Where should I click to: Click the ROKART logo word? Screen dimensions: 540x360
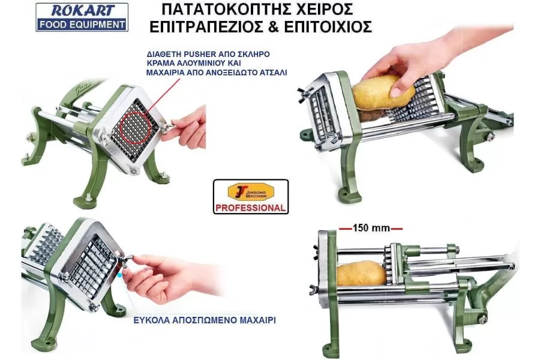pos(82,11)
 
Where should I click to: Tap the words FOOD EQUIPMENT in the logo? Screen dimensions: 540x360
pos(82,25)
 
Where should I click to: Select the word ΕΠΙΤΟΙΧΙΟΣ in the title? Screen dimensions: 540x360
pos(328,27)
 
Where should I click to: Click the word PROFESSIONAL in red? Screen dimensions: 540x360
pos(251,208)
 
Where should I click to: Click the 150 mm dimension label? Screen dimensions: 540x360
pos(371,228)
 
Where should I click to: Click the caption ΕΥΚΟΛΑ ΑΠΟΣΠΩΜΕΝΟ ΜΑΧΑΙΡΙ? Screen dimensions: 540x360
pos(205,320)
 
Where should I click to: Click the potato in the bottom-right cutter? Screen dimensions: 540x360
pos(361,274)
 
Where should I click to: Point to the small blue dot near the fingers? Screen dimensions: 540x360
pos(119,275)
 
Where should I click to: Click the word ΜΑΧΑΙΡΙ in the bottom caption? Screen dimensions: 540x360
pos(257,320)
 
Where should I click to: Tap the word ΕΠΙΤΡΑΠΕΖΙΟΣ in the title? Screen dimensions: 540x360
pos(206,27)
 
